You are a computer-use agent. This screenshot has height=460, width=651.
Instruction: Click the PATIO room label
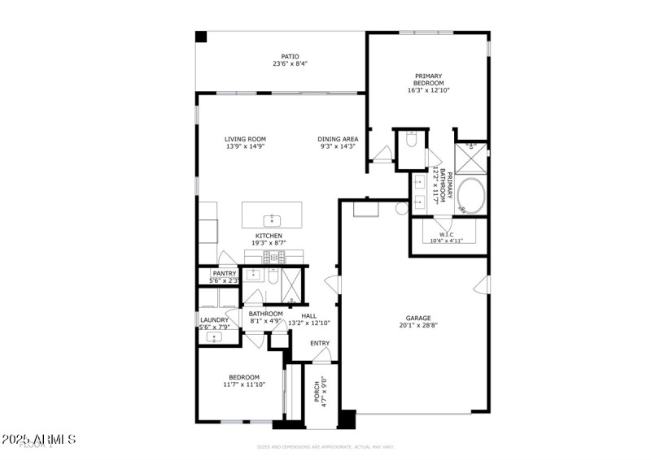point(279,56)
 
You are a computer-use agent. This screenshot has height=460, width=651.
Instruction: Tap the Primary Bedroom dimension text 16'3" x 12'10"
point(428,89)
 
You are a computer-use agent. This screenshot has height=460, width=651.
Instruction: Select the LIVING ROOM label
point(245,139)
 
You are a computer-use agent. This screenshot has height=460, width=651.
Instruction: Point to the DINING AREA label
point(338,139)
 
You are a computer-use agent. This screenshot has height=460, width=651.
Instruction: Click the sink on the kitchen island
point(271,219)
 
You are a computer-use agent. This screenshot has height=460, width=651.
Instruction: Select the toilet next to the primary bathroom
point(411,140)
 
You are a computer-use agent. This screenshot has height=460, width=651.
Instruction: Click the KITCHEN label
point(269,236)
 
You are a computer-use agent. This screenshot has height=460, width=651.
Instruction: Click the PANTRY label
point(224,274)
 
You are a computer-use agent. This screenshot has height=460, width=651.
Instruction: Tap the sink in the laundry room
point(215,336)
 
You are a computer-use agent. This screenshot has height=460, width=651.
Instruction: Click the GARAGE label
point(418,318)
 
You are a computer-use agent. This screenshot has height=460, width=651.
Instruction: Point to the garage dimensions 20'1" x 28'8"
point(418,325)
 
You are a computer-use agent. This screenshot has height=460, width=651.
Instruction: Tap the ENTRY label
point(320,343)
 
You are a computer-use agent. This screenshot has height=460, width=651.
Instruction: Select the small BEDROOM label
point(243,377)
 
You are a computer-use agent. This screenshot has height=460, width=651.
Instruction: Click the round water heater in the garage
point(401,208)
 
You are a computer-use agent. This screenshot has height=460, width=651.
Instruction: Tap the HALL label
point(308,315)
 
